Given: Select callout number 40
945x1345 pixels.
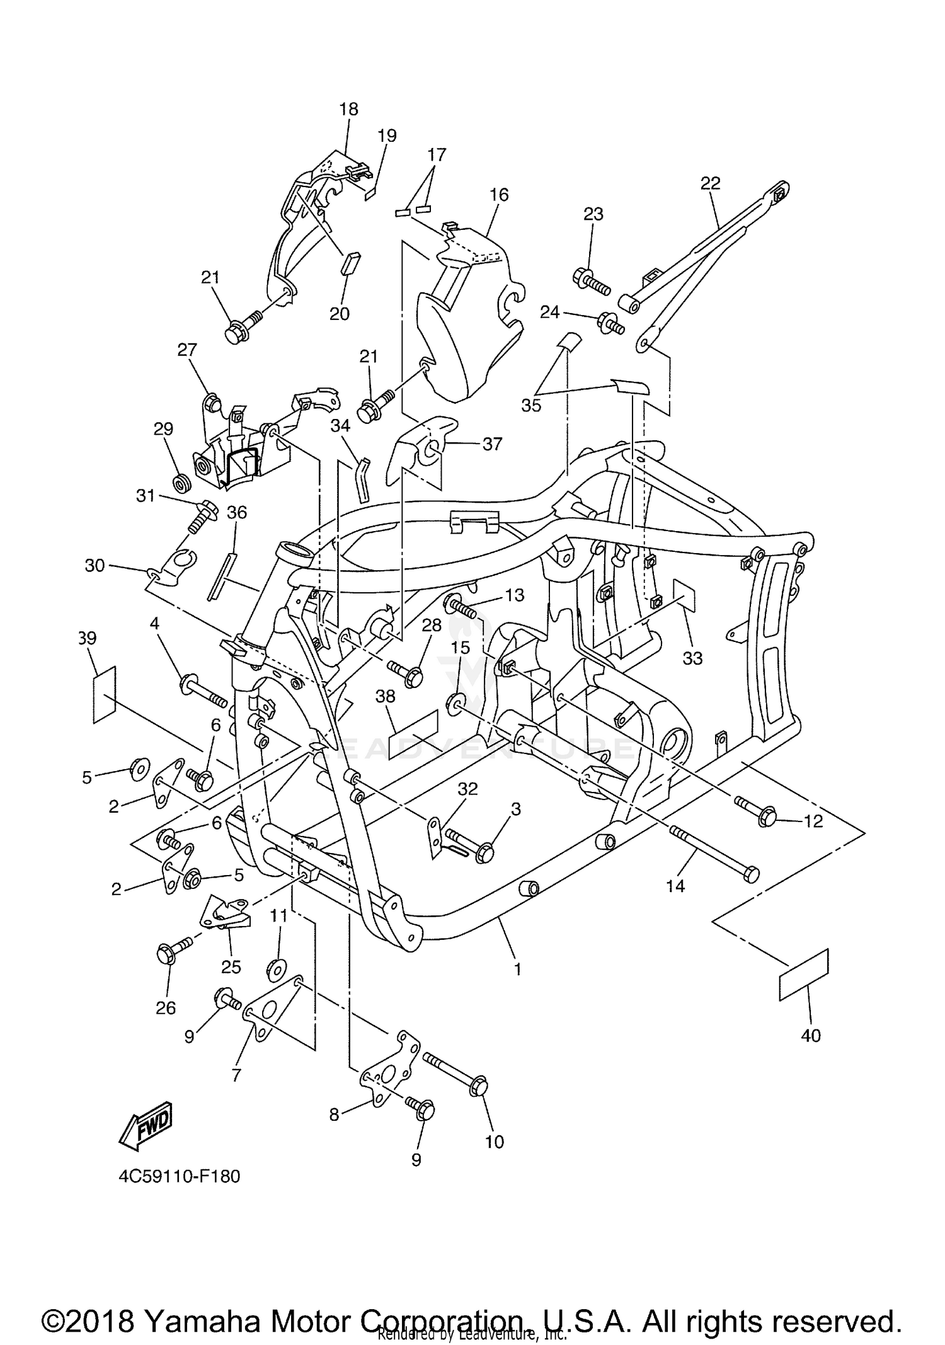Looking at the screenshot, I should (x=811, y=1036).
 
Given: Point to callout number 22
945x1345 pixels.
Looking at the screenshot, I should (x=710, y=183).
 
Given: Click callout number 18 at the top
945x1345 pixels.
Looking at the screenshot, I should (x=348, y=109).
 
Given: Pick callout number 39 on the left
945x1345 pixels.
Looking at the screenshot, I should (x=87, y=638).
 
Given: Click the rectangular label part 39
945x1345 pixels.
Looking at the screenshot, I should (x=105, y=693).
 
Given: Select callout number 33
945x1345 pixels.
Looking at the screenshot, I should (x=692, y=658).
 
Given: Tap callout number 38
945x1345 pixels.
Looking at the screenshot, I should (x=386, y=696).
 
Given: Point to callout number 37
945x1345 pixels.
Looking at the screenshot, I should (x=492, y=444).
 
